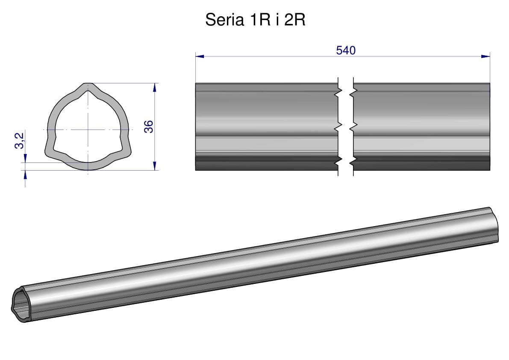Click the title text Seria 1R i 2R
point(255,20)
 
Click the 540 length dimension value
point(346,50)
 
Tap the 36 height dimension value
point(148,126)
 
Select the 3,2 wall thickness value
point(20,141)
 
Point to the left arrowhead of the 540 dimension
point(200,56)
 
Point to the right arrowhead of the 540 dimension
point(485,56)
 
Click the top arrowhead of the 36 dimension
point(155,88)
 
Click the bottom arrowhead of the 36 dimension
point(155,165)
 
